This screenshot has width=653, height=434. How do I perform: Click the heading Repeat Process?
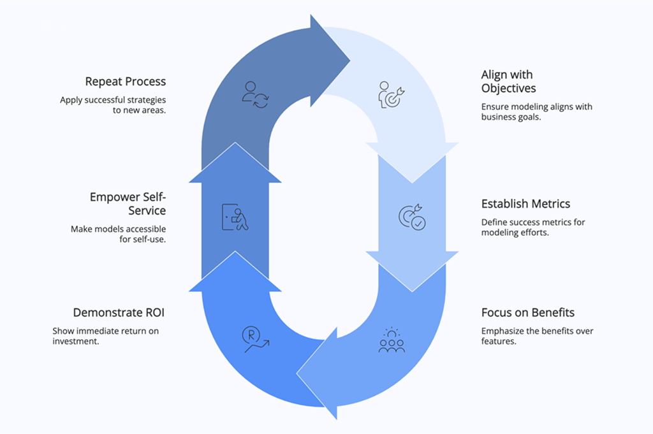coord(125,82)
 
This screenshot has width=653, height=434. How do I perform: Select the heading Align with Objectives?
coord(508,82)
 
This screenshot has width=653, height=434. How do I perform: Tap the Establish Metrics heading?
coord(525,204)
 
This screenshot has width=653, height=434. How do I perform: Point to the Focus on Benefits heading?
coord(527,312)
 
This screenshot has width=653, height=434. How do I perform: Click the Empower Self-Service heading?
coord(128,204)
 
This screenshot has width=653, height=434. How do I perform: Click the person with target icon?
coord(391,93)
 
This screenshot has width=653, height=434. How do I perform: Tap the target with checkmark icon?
coord(411,217)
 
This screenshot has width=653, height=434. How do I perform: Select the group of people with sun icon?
coord(391,340)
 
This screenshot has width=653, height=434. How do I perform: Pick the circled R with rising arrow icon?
coord(255,338)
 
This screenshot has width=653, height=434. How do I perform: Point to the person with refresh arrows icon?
coord(255,93)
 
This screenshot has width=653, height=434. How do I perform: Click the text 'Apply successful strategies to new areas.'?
coord(113,105)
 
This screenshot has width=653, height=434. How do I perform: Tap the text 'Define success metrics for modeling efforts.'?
coord(532,228)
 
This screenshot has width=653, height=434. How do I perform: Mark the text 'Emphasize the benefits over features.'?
coord(537,336)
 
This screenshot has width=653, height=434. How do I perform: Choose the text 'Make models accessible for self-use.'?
coord(118,234)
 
